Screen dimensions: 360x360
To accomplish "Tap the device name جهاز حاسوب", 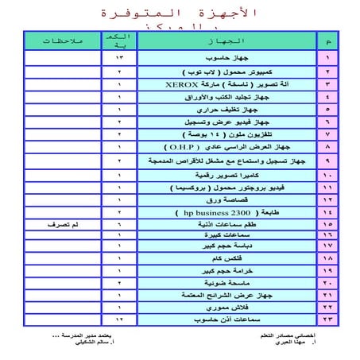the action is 226,59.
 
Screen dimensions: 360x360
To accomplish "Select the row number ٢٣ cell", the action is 325,318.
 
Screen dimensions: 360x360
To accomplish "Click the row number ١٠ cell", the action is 325,174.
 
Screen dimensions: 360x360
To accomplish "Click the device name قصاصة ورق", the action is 226,200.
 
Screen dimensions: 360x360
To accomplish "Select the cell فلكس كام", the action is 226,258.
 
